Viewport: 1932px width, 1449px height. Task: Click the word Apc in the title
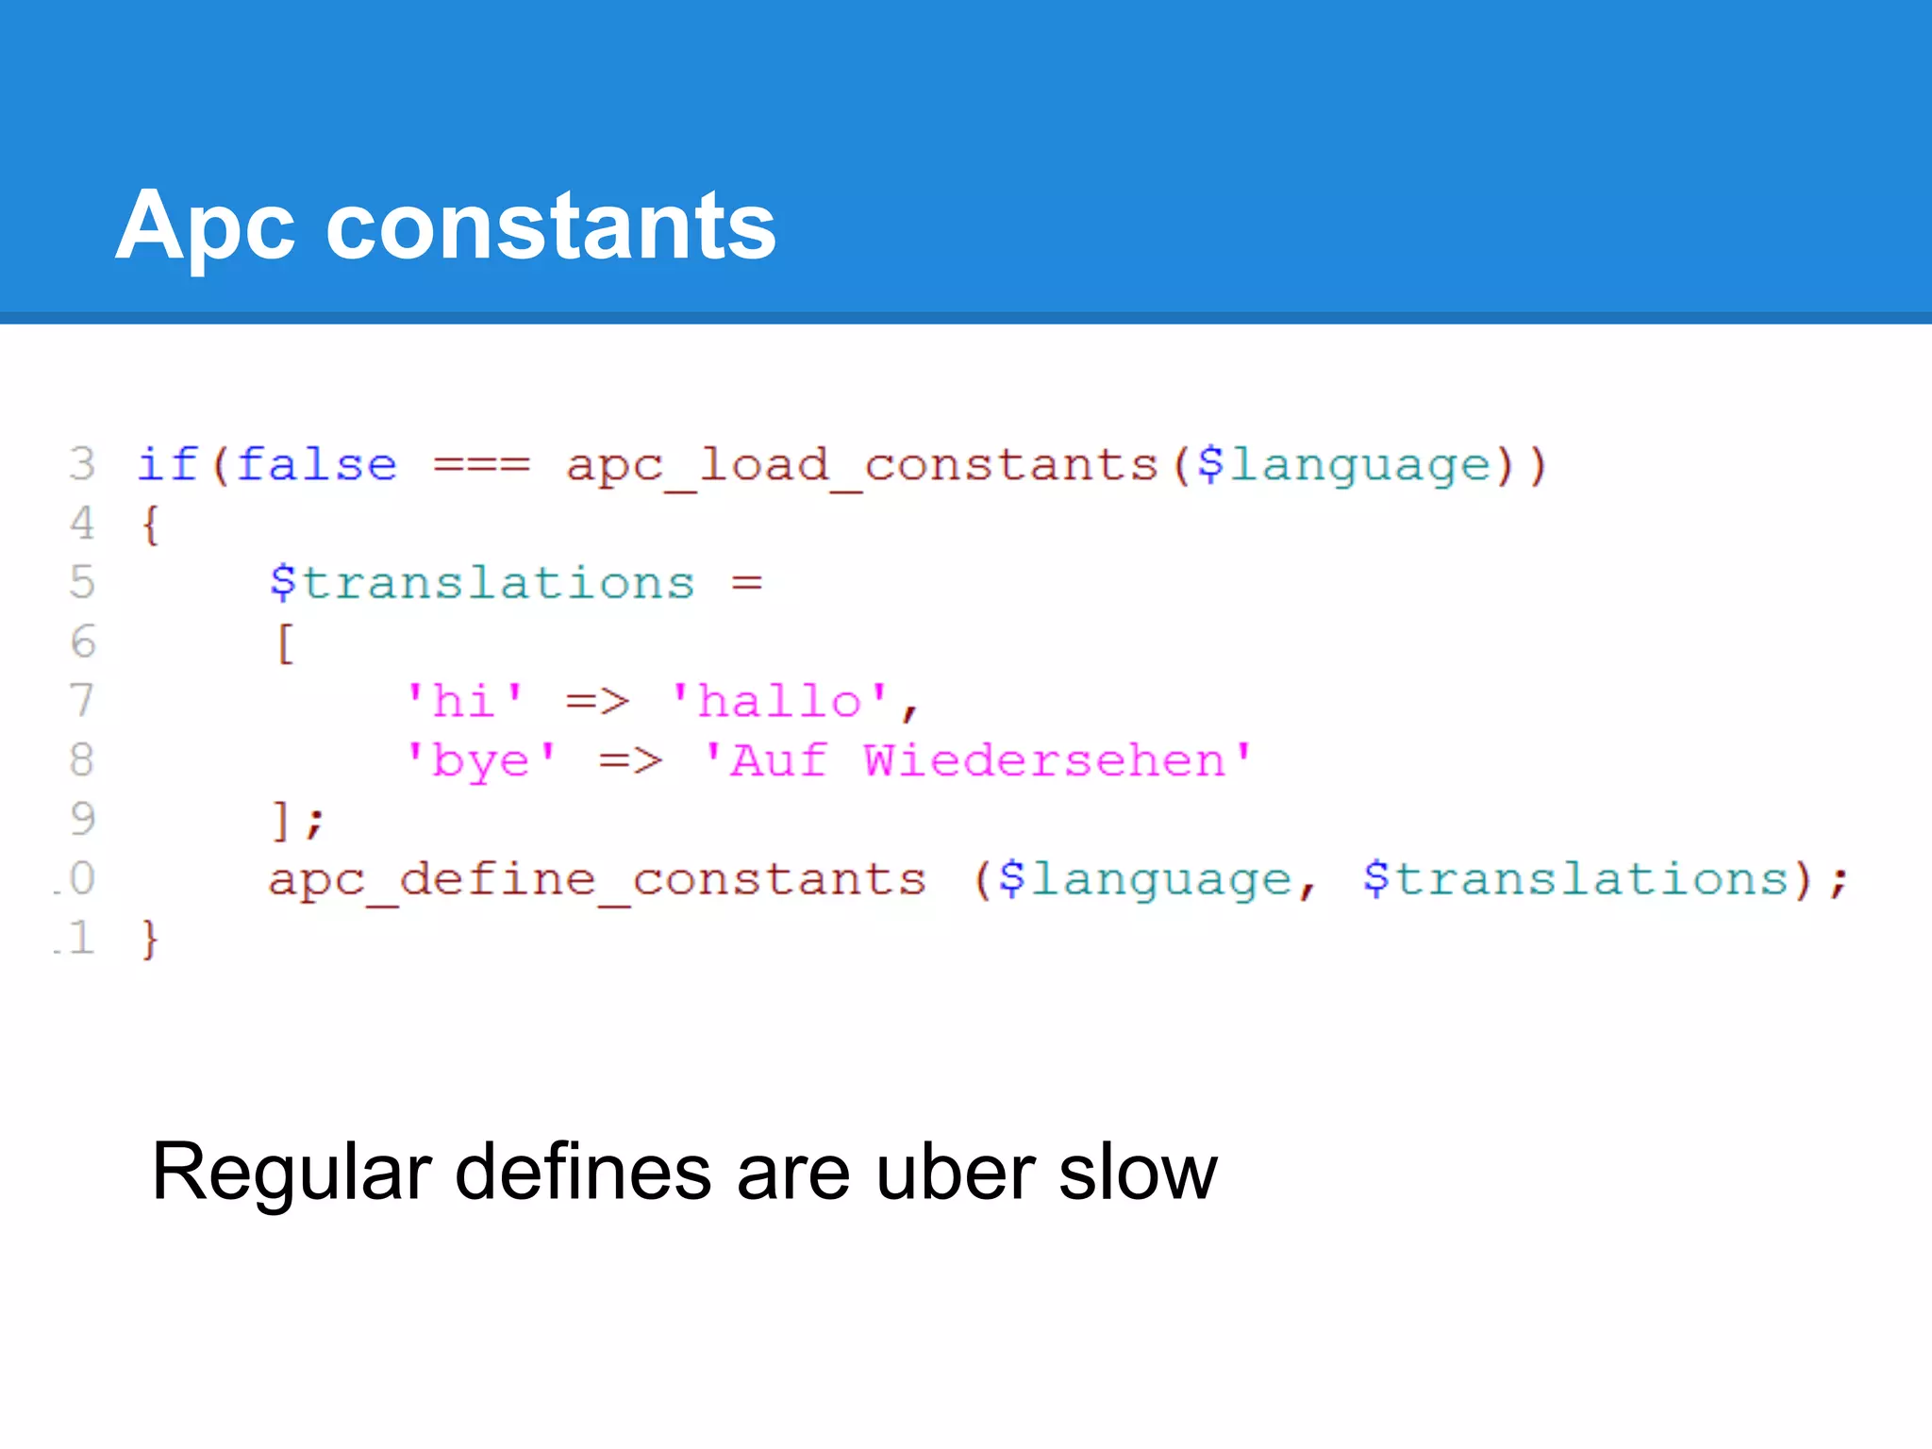click(205, 226)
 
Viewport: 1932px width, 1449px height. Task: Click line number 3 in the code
click(82, 464)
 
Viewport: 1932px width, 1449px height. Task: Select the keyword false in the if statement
click(317, 464)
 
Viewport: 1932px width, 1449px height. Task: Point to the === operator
click(481, 464)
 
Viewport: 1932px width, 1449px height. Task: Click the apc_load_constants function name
click(861, 464)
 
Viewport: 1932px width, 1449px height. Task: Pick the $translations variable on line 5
click(482, 582)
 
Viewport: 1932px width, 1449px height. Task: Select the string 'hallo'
click(779, 701)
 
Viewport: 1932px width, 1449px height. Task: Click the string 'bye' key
click(481, 760)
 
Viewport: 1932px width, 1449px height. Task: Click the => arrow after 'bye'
click(630, 760)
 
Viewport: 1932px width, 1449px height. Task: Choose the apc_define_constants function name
click(596, 879)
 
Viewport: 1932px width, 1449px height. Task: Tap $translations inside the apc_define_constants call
click(1575, 879)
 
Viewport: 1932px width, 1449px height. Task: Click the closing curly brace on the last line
click(149, 940)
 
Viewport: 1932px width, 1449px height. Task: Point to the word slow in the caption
click(1138, 1172)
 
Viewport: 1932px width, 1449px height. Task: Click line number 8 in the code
click(82, 760)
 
